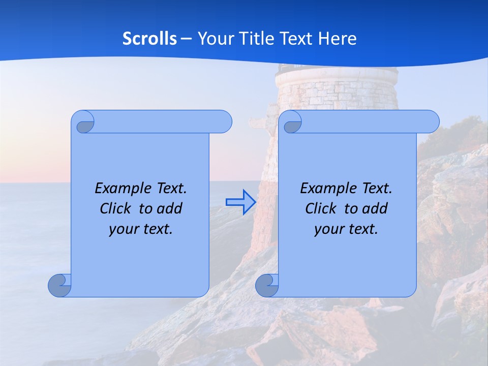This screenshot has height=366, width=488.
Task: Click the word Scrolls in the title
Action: [x=149, y=39]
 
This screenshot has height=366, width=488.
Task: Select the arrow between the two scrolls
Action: [x=240, y=202]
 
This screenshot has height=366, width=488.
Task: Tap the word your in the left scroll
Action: [x=121, y=229]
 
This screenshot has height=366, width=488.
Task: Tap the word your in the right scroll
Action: [x=327, y=229]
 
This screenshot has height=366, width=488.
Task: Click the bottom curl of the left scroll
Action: [x=59, y=285]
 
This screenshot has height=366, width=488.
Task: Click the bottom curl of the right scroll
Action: [x=267, y=285]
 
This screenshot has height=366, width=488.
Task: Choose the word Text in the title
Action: [x=296, y=39]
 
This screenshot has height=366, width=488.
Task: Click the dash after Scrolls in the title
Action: [x=186, y=39]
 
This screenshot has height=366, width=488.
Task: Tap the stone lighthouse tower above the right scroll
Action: [x=335, y=89]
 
